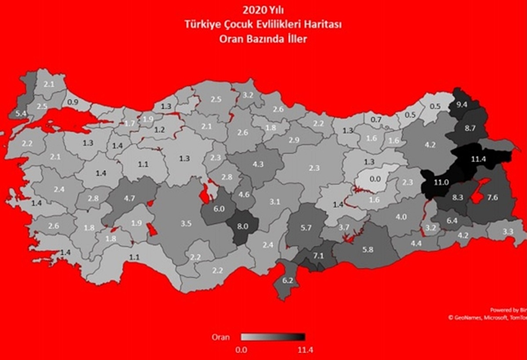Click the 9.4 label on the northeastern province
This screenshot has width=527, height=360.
(x=462, y=105)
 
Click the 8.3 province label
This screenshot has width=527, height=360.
(x=457, y=198)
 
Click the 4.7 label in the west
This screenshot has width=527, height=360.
(x=130, y=198)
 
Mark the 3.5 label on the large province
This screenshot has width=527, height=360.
(x=186, y=224)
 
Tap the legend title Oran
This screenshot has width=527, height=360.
(x=221, y=337)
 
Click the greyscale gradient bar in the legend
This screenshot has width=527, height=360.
(x=273, y=337)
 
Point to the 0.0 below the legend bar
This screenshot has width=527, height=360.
(x=241, y=350)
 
